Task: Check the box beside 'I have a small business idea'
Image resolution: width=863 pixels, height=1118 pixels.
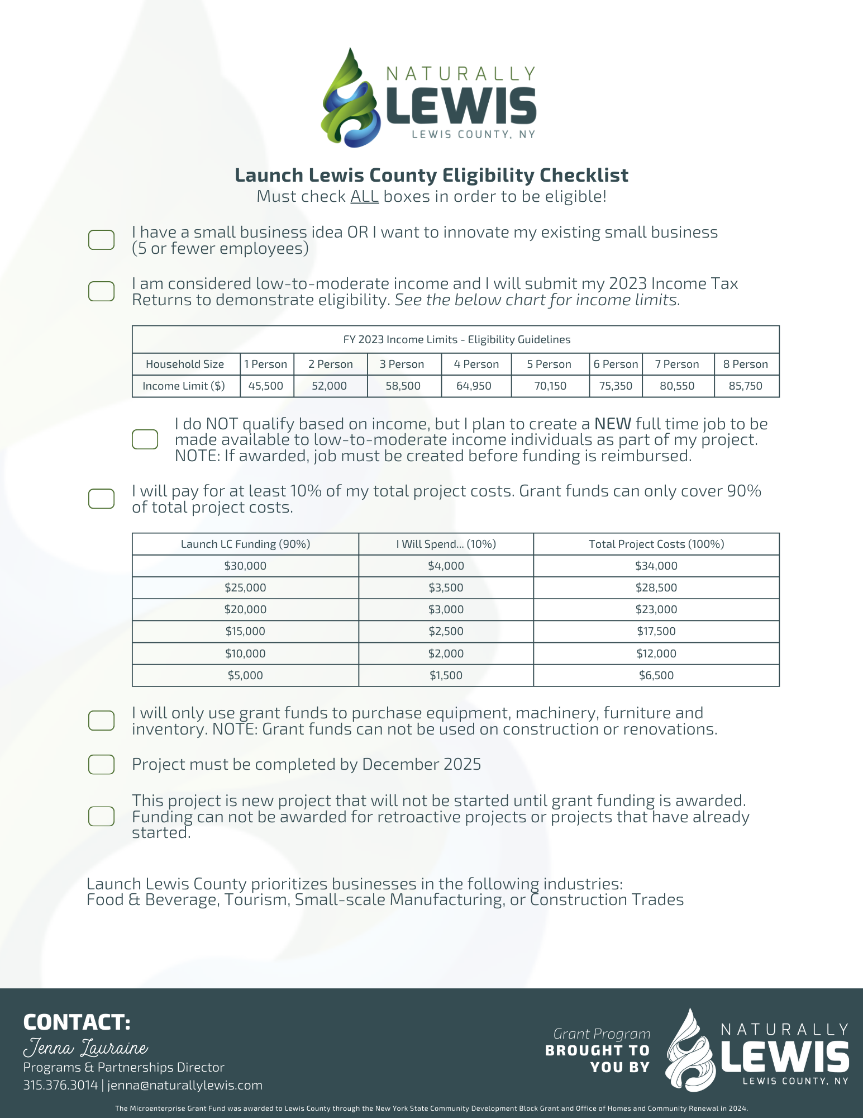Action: (x=102, y=240)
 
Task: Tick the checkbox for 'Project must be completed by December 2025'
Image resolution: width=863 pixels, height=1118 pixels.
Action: (x=102, y=764)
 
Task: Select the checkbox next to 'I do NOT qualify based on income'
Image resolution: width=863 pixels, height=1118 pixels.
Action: (x=145, y=439)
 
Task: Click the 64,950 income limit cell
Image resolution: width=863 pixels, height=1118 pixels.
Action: (x=474, y=386)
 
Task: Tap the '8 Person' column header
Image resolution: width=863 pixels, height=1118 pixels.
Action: (x=745, y=364)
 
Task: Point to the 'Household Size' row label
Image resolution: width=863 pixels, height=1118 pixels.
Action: (x=185, y=364)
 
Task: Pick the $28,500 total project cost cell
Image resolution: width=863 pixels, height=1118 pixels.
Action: (x=656, y=588)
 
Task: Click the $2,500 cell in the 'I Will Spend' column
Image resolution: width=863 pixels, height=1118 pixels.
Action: (x=446, y=631)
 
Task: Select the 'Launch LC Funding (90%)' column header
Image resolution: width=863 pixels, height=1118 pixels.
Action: (x=245, y=544)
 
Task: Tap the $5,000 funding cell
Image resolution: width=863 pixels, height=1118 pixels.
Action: (x=245, y=675)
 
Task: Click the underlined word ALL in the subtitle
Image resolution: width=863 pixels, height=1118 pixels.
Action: (x=364, y=197)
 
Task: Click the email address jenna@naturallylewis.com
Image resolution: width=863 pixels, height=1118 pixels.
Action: (x=185, y=1085)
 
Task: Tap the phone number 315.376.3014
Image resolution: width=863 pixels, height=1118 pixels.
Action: (x=60, y=1085)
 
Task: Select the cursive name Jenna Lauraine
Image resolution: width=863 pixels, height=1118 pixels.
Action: (x=85, y=1047)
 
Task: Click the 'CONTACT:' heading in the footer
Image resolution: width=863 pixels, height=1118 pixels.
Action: (x=77, y=1022)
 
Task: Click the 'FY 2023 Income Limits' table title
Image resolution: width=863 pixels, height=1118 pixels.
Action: (x=456, y=339)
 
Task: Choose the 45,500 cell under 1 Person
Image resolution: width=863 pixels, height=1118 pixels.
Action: (x=266, y=386)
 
